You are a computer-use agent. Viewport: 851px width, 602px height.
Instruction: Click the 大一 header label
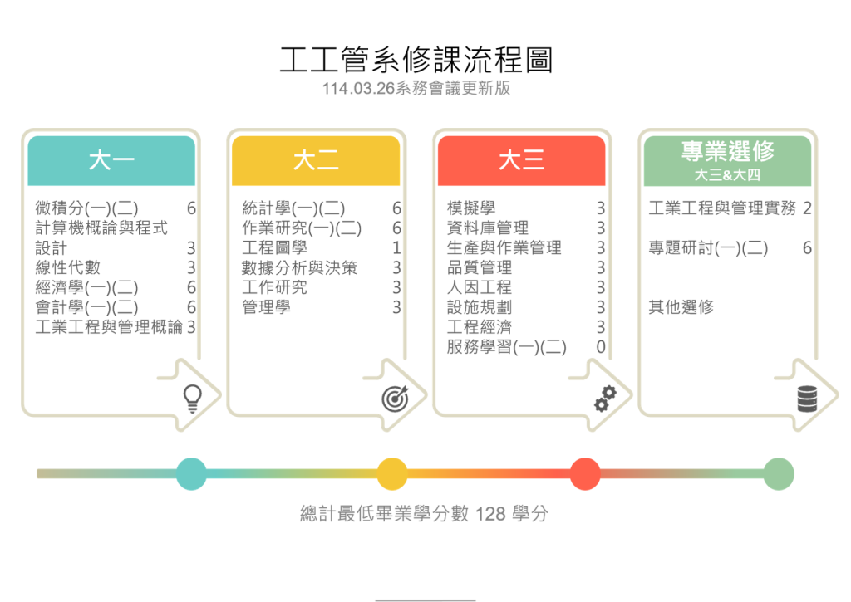(111, 160)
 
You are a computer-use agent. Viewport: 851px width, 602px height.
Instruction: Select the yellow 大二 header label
(316, 160)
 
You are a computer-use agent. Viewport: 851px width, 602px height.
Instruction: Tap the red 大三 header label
(521, 160)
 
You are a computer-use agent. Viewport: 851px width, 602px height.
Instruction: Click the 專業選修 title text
(727, 151)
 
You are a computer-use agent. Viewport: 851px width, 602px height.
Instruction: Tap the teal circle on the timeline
(191, 474)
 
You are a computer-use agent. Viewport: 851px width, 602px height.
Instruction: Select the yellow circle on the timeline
(392, 474)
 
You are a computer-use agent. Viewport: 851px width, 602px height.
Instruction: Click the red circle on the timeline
(585, 474)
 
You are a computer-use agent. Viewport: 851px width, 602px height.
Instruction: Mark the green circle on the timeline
(779, 474)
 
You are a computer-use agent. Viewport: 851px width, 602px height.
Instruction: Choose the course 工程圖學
(274, 247)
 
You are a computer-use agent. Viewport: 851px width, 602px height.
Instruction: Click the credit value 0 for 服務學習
(600, 347)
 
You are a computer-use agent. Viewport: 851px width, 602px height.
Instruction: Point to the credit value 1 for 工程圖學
(396, 247)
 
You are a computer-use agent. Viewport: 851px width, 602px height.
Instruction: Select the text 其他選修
(681, 307)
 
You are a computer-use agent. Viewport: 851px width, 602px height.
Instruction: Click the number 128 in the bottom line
(491, 514)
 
